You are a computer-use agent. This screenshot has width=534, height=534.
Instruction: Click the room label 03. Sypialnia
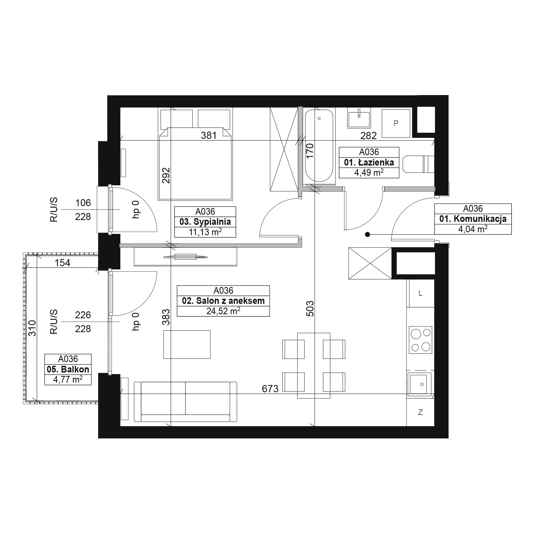point(205,222)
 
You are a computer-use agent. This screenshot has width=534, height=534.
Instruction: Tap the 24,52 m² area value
point(223,311)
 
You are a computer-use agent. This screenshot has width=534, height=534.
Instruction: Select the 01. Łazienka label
point(369,163)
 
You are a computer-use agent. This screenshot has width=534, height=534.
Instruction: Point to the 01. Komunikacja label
point(473,219)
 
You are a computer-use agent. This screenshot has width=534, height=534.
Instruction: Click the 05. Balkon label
point(68,369)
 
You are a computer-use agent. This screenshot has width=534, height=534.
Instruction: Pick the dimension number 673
point(270,389)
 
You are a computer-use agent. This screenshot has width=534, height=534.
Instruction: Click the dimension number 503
point(310,308)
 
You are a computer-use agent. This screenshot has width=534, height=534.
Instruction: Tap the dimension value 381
point(209,135)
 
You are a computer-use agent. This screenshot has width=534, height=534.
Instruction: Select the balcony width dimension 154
point(62,262)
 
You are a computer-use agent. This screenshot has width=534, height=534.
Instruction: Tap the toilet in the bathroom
point(418,164)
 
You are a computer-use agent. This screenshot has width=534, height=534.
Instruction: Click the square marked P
point(396,123)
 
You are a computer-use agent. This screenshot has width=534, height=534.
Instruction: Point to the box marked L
point(421,293)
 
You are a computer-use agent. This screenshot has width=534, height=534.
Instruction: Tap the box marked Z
point(421,413)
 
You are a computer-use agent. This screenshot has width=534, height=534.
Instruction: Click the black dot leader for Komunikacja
point(367,234)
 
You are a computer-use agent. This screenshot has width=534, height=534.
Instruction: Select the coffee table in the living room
point(187,345)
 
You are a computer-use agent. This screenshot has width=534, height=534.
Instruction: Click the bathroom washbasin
point(359,118)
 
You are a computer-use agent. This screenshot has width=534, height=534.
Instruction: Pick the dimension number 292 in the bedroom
point(166,175)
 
